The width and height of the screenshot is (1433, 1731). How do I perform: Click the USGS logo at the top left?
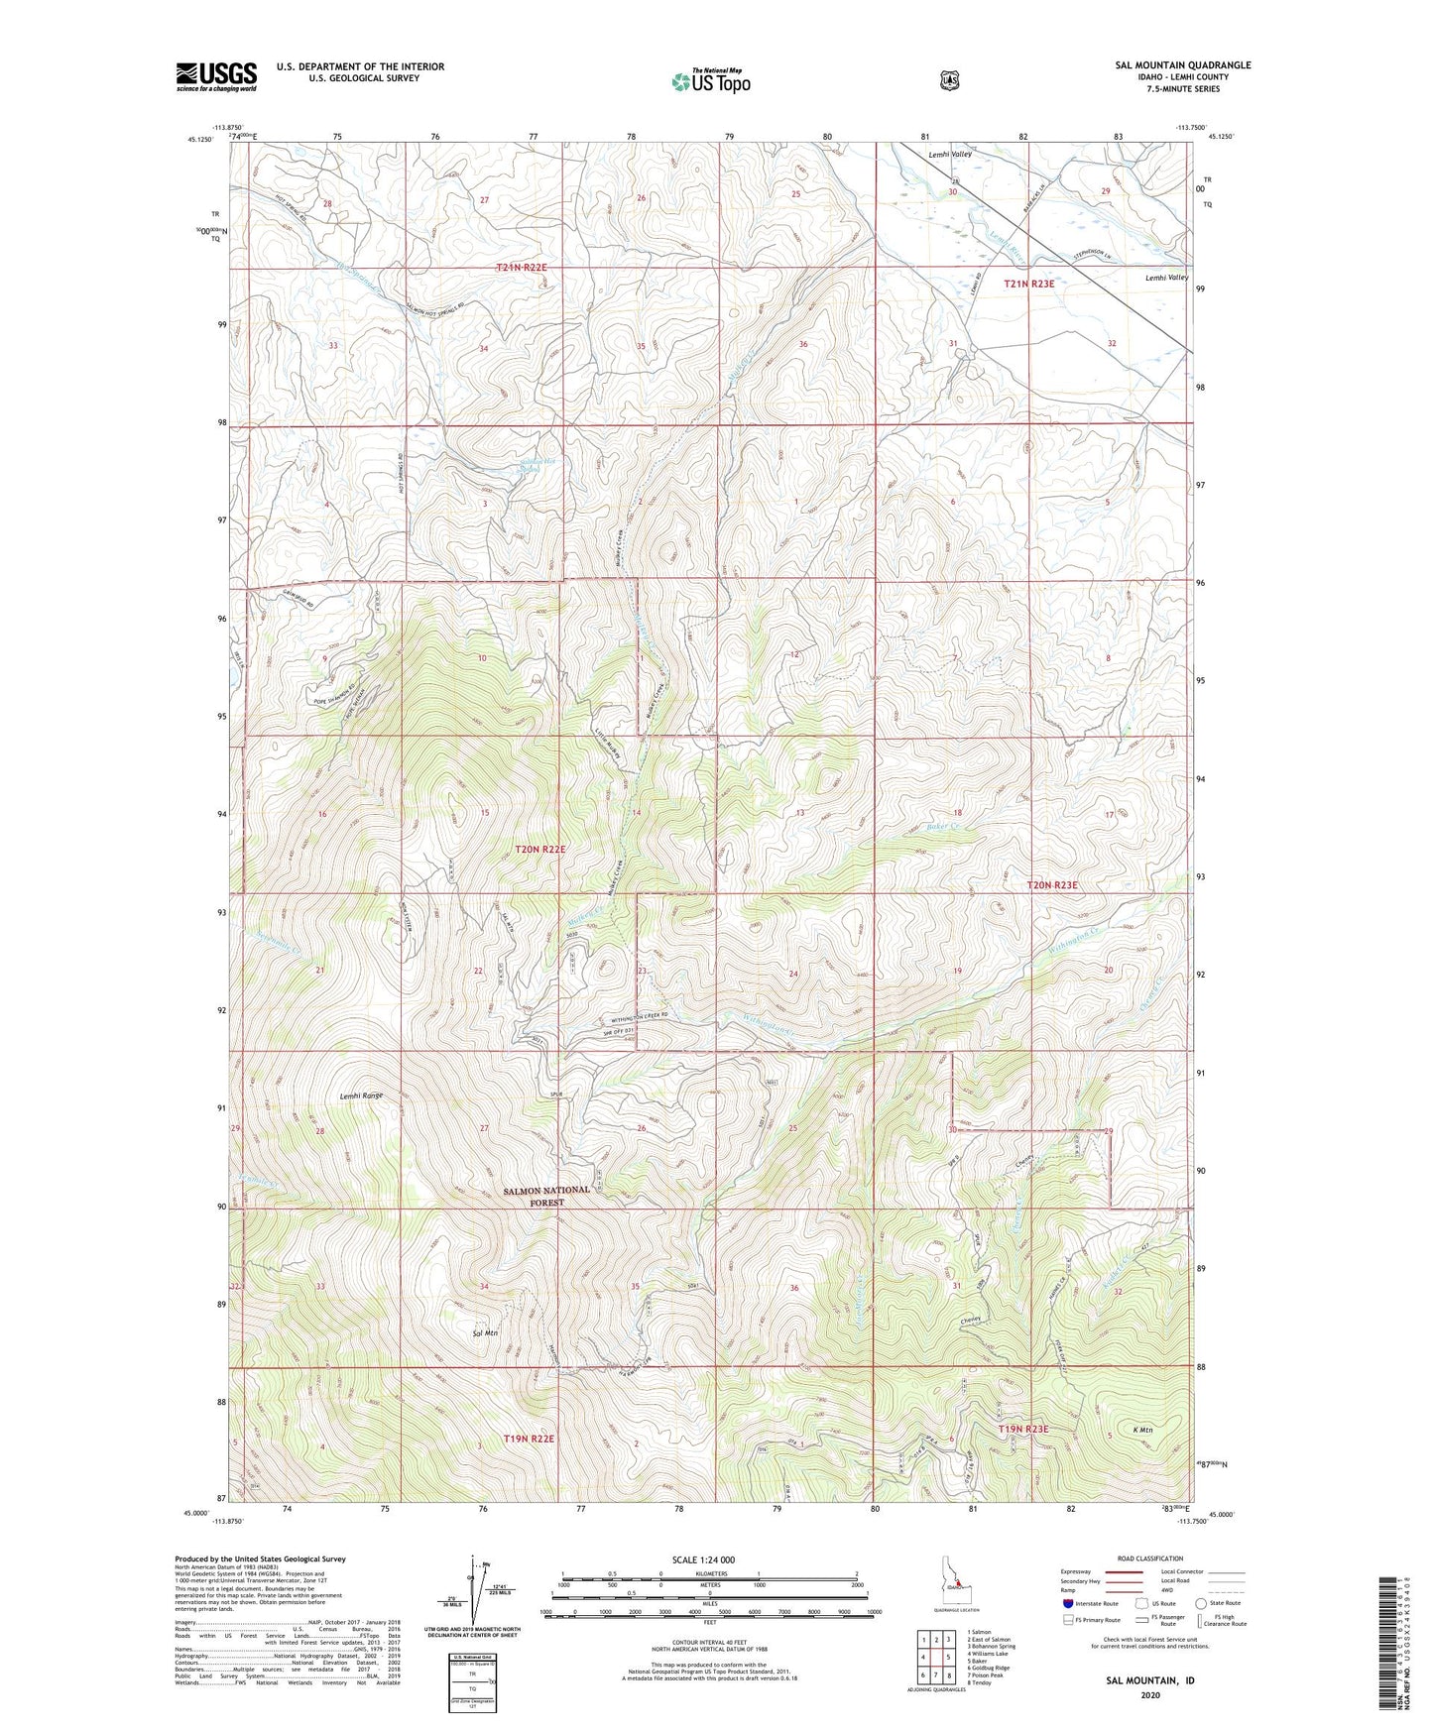216,76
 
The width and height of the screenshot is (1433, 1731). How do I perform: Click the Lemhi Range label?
361,1096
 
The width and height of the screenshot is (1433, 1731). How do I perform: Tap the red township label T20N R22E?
539,850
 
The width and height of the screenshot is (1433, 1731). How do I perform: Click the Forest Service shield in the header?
949,79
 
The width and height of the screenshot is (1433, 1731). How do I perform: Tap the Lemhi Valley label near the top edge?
949,155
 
